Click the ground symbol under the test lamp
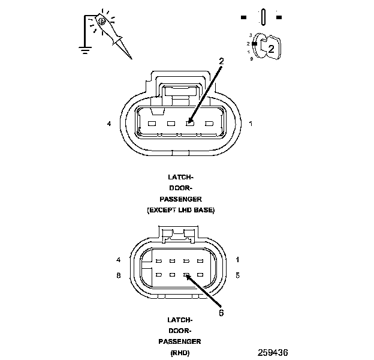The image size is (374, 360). tap(85, 50)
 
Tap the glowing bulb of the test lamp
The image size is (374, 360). tap(102, 22)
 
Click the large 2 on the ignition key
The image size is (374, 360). tap(271, 49)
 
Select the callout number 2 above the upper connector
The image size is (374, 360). tap(221, 61)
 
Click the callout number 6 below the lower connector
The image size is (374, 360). tap(222, 312)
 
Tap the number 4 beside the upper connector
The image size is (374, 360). tap(109, 124)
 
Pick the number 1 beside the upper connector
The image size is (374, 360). tap(250, 124)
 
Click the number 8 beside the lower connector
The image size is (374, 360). tap(119, 275)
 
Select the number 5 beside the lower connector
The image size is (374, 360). tap(238, 275)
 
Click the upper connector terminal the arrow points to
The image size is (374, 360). tap(189, 124)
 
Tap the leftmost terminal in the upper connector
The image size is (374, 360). tap(152, 124)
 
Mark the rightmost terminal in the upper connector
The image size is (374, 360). tap(209, 124)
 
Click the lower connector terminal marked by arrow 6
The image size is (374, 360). tap(186, 275)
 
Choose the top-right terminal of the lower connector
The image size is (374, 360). tap(201, 261)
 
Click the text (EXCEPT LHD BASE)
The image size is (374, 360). tap(180, 211)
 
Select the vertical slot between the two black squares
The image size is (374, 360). tap(262, 16)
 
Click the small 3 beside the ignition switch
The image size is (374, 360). tap(250, 35)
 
